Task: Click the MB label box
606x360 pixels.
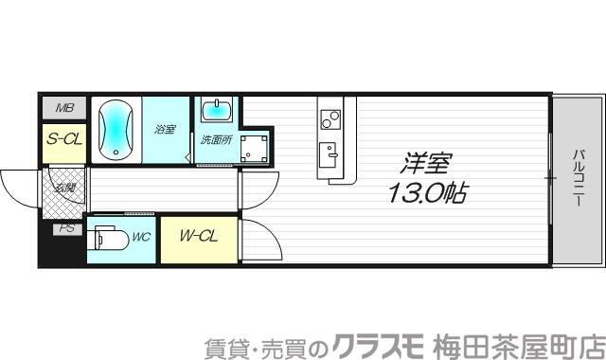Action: (x=63, y=108)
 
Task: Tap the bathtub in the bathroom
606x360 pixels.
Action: (x=116, y=129)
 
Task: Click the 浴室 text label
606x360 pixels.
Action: (x=165, y=129)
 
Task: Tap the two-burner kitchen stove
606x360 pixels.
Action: (x=330, y=118)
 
